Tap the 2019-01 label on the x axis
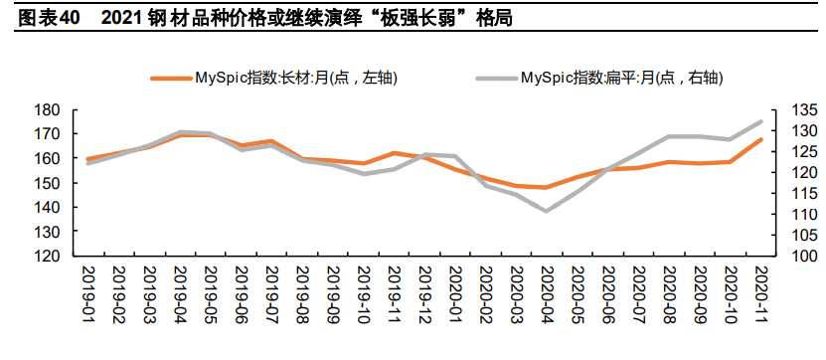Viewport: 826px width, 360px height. click(89, 293)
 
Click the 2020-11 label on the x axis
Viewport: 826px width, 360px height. click(760, 293)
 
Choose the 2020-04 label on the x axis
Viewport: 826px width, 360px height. click(547, 293)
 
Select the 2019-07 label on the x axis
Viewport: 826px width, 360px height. click(272, 293)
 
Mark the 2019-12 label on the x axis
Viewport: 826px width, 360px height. click(424, 293)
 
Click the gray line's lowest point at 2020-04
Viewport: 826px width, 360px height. click(547, 211)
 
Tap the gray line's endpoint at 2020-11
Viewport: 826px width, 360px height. click(760, 121)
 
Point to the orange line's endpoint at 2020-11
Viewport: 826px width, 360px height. click(760, 139)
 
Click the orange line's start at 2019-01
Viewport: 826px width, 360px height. click(89, 159)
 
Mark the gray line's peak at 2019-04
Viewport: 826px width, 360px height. click(181, 131)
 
